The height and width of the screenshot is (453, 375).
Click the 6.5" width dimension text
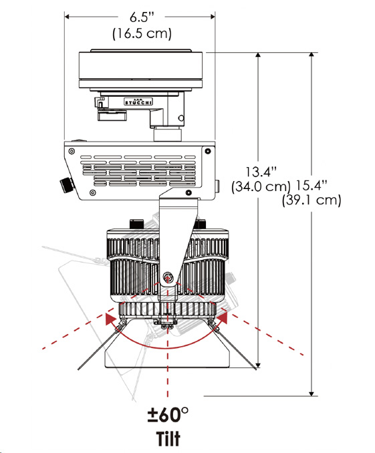[142, 17]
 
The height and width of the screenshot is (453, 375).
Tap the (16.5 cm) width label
[142, 33]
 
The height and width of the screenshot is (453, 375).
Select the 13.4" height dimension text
[261, 172]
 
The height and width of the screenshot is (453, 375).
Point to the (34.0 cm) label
[261, 186]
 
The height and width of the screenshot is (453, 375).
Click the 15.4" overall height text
[311, 186]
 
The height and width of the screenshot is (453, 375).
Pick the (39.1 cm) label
[311, 200]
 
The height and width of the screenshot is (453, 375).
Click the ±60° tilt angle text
[168, 414]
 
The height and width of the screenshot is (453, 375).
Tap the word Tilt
[168, 438]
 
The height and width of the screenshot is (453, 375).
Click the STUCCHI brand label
[138, 102]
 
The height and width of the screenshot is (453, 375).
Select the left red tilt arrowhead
[111, 319]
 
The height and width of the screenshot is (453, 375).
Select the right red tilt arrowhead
[222, 318]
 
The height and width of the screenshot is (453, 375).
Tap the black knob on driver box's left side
[66, 184]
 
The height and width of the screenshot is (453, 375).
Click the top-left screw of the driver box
[72, 151]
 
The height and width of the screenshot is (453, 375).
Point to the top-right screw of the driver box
[208, 151]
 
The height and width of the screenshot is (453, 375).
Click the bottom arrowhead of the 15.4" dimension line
[311, 393]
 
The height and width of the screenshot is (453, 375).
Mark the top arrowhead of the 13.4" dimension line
[258, 55]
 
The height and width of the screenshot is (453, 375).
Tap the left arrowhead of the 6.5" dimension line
[68, 17]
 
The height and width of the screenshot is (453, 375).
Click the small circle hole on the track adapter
[181, 118]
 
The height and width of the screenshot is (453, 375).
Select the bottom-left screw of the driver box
[92, 192]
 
